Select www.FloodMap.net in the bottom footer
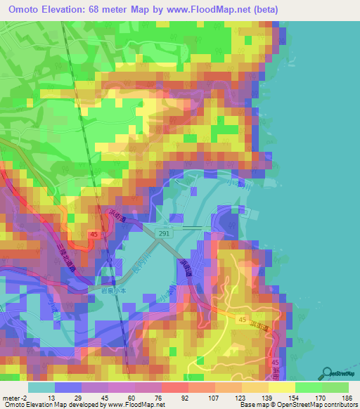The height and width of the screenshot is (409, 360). [x=134, y=405]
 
